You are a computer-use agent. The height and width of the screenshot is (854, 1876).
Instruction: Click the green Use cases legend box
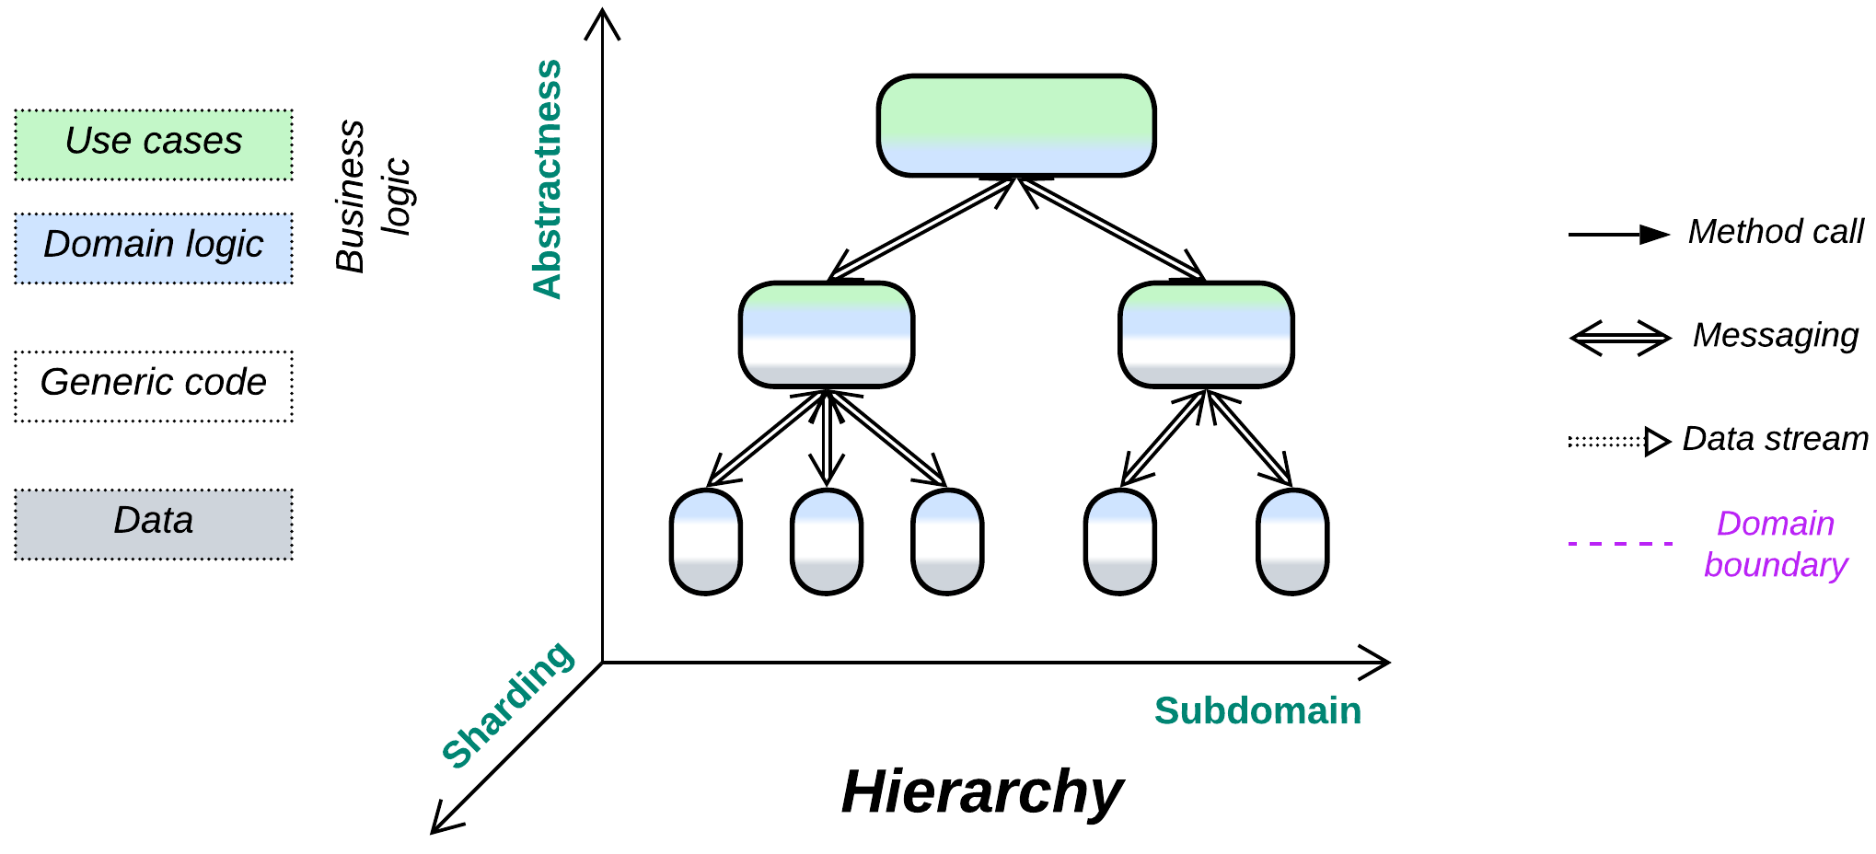[x=154, y=144]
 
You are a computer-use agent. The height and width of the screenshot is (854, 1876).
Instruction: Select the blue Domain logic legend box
[x=154, y=248]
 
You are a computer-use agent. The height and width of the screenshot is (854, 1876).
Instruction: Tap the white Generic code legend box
[x=154, y=386]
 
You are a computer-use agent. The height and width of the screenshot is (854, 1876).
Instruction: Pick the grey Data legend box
[x=154, y=524]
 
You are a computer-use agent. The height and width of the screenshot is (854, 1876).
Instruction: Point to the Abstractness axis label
[x=549, y=179]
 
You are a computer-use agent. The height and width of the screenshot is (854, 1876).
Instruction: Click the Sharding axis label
[x=508, y=703]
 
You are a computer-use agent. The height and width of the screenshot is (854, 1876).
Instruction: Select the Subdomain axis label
[x=1257, y=710]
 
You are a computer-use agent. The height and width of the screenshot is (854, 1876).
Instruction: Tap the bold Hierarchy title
[x=982, y=791]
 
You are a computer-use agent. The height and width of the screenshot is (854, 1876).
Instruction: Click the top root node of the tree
[x=1016, y=125]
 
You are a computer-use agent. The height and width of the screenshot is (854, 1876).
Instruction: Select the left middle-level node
[x=827, y=334]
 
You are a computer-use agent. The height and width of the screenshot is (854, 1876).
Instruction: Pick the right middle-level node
[x=1206, y=334]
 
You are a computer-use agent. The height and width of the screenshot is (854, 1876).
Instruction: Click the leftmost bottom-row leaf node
[x=706, y=542]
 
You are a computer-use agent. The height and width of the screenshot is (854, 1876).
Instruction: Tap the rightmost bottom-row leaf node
[x=1292, y=542]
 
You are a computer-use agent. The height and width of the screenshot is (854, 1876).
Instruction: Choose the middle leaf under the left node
[x=827, y=542]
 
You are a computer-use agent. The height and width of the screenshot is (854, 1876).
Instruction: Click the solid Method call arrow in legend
[x=1618, y=235]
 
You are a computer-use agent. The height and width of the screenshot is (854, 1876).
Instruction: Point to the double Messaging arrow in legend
[x=1620, y=338]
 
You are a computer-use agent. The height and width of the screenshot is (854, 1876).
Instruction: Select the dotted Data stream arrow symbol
[x=1618, y=442]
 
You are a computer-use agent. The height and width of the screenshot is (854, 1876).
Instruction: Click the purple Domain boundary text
[x=1775, y=544]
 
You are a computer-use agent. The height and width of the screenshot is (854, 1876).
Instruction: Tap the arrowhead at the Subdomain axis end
[x=1379, y=662]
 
